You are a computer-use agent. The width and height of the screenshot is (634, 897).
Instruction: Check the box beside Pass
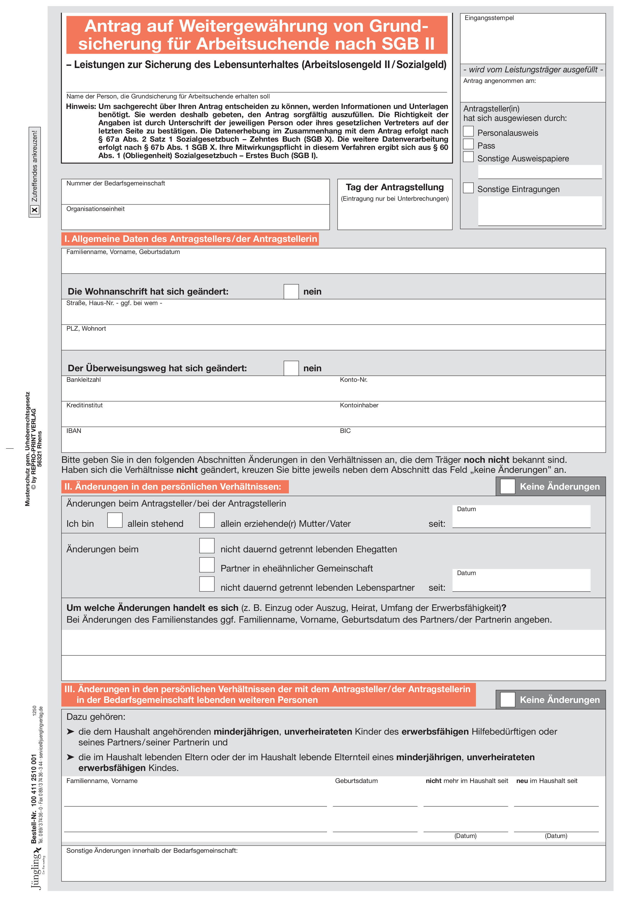[x=468, y=144]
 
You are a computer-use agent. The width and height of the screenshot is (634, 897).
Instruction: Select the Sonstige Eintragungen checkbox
[x=468, y=188]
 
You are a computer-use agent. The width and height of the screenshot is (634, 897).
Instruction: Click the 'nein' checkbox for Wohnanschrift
[x=291, y=291]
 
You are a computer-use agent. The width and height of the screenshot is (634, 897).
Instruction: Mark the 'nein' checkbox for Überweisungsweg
[x=291, y=368]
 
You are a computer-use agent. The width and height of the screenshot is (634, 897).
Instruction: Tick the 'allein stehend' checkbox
[x=115, y=520]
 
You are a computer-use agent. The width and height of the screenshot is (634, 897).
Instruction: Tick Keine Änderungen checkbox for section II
[x=507, y=486]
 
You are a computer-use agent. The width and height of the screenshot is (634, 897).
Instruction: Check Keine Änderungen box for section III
[x=507, y=700]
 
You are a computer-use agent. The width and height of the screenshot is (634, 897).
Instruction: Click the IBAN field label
[x=74, y=431]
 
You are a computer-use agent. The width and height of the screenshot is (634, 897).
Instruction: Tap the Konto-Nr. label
[x=354, y=380]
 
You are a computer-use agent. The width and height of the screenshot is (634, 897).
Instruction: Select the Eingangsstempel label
[x=489, y=18]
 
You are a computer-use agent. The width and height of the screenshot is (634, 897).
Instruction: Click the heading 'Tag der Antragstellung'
[x=394, y=187]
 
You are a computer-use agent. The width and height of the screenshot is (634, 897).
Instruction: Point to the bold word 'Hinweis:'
[x=81, y=107]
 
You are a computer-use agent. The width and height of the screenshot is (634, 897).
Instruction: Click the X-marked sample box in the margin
[x=35, y=210]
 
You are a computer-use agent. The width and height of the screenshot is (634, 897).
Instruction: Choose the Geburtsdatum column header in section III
[x=356, y=781]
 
